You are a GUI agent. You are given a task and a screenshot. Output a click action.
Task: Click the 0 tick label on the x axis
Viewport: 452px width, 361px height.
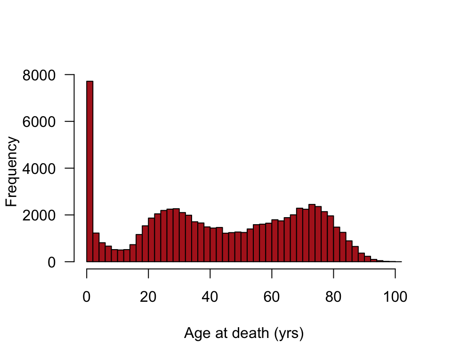pos(87,297)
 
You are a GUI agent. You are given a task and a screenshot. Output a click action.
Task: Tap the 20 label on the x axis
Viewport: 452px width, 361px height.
pos(149,297)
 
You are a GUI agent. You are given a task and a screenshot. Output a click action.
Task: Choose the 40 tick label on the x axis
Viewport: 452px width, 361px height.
pos(210,297)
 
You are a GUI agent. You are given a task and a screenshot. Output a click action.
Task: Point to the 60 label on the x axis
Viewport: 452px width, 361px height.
pos(272,297)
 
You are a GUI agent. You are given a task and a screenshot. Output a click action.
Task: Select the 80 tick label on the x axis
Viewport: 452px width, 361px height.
pos(334,297)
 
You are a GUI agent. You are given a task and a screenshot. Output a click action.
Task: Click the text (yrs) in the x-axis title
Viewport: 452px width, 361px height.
pos(288,334)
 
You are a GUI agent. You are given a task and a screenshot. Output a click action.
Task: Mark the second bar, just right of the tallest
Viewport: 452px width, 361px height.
pos(96,247)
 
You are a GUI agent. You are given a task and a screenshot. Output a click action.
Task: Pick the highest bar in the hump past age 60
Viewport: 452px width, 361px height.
pos(312,233)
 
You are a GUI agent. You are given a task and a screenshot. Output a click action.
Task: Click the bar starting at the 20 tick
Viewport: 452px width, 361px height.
pos(152,240)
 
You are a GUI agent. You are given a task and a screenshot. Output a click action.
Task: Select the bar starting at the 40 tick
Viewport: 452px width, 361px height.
pos(213,245)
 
